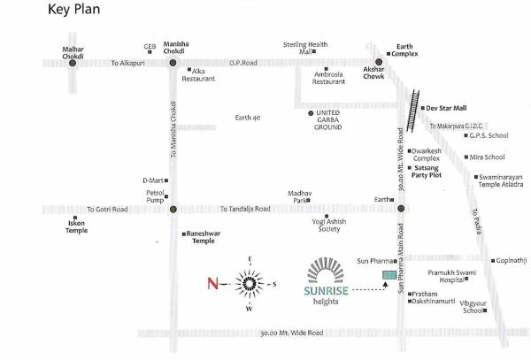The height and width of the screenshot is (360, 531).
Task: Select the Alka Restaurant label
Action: [198, 75]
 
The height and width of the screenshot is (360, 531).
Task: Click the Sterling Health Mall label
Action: [305, 48]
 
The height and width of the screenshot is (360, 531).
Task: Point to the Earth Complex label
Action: [404, 50]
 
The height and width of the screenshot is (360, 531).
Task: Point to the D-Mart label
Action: [154, 180]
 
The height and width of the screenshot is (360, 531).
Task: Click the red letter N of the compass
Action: [212, 284]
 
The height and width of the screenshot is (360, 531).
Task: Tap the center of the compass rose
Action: [250, 283]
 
